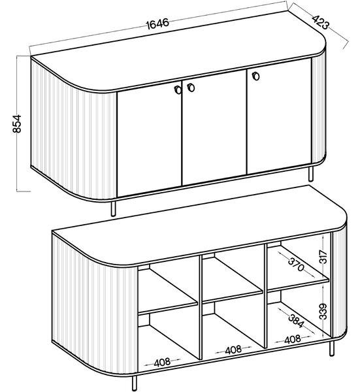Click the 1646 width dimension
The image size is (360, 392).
157,24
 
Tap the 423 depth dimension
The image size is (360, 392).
321,23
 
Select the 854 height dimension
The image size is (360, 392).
17,123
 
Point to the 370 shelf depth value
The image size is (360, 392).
296,264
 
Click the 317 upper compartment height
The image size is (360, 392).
323,257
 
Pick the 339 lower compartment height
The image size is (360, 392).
323,311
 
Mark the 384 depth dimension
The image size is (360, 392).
296,321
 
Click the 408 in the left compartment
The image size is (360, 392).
162,363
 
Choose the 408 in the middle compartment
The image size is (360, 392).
233,350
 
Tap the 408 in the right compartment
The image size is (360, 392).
292,339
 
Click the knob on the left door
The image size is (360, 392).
178,90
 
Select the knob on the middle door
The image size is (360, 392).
191,88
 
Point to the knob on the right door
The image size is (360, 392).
255,76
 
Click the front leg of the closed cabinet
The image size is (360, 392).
114,208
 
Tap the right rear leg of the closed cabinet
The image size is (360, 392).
311,174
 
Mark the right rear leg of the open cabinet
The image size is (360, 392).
331,349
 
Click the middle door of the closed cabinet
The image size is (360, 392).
214,127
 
